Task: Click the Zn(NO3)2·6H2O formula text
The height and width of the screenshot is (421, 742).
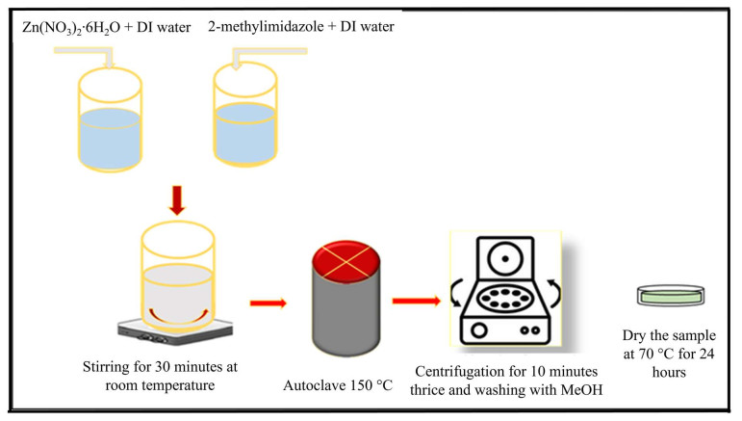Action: coord(71,28)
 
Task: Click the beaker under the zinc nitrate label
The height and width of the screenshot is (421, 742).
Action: coord(110,118)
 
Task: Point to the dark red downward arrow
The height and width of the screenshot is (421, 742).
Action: coord(177,200)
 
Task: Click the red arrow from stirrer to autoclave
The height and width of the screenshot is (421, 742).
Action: coord(269,303)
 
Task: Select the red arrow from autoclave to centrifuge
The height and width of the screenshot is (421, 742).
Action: coord(417,301)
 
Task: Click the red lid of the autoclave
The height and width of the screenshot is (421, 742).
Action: coord(345,261)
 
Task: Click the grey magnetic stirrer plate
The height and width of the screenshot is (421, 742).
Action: coord(175,330)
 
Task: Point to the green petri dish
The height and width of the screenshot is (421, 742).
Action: coord(671,296)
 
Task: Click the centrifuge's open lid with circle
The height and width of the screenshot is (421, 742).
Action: coord(506,258)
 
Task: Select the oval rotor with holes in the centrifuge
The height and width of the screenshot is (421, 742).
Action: coord(505,299)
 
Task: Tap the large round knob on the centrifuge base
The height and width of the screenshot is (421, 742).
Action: coord(479,330)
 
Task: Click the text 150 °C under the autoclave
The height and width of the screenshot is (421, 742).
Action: coord(371,385)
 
